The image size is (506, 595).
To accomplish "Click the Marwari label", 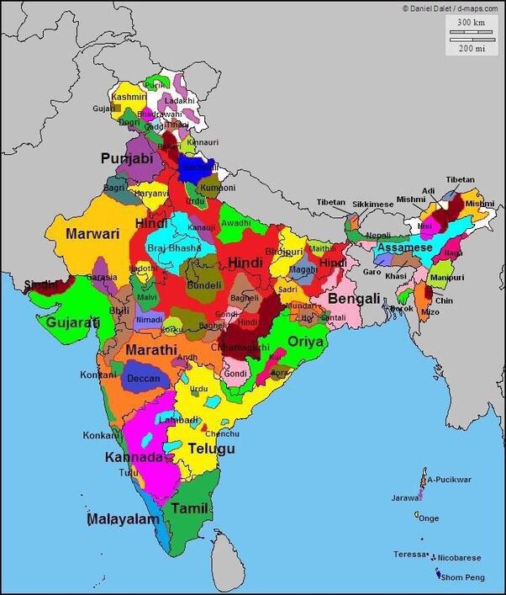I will (93, 234).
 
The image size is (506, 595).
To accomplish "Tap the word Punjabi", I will (127, 158).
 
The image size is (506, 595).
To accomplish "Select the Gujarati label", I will (72, 322).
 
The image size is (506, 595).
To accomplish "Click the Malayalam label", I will (124, 519).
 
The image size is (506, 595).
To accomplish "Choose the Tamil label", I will (189, 508).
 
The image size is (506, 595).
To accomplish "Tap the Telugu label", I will (211, 449).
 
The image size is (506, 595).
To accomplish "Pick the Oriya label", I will (306, 342).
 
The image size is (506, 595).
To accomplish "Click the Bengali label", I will (354, 299).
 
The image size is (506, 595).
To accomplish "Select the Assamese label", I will (404, 247).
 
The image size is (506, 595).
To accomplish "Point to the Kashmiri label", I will (129, 98).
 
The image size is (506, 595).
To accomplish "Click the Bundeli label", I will (203, 285).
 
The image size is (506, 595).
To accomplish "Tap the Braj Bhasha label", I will (174, 248).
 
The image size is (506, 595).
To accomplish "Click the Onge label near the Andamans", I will (429, 518).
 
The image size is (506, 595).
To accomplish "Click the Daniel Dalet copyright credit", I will (451, 7).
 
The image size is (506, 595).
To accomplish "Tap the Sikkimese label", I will (372, 205).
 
